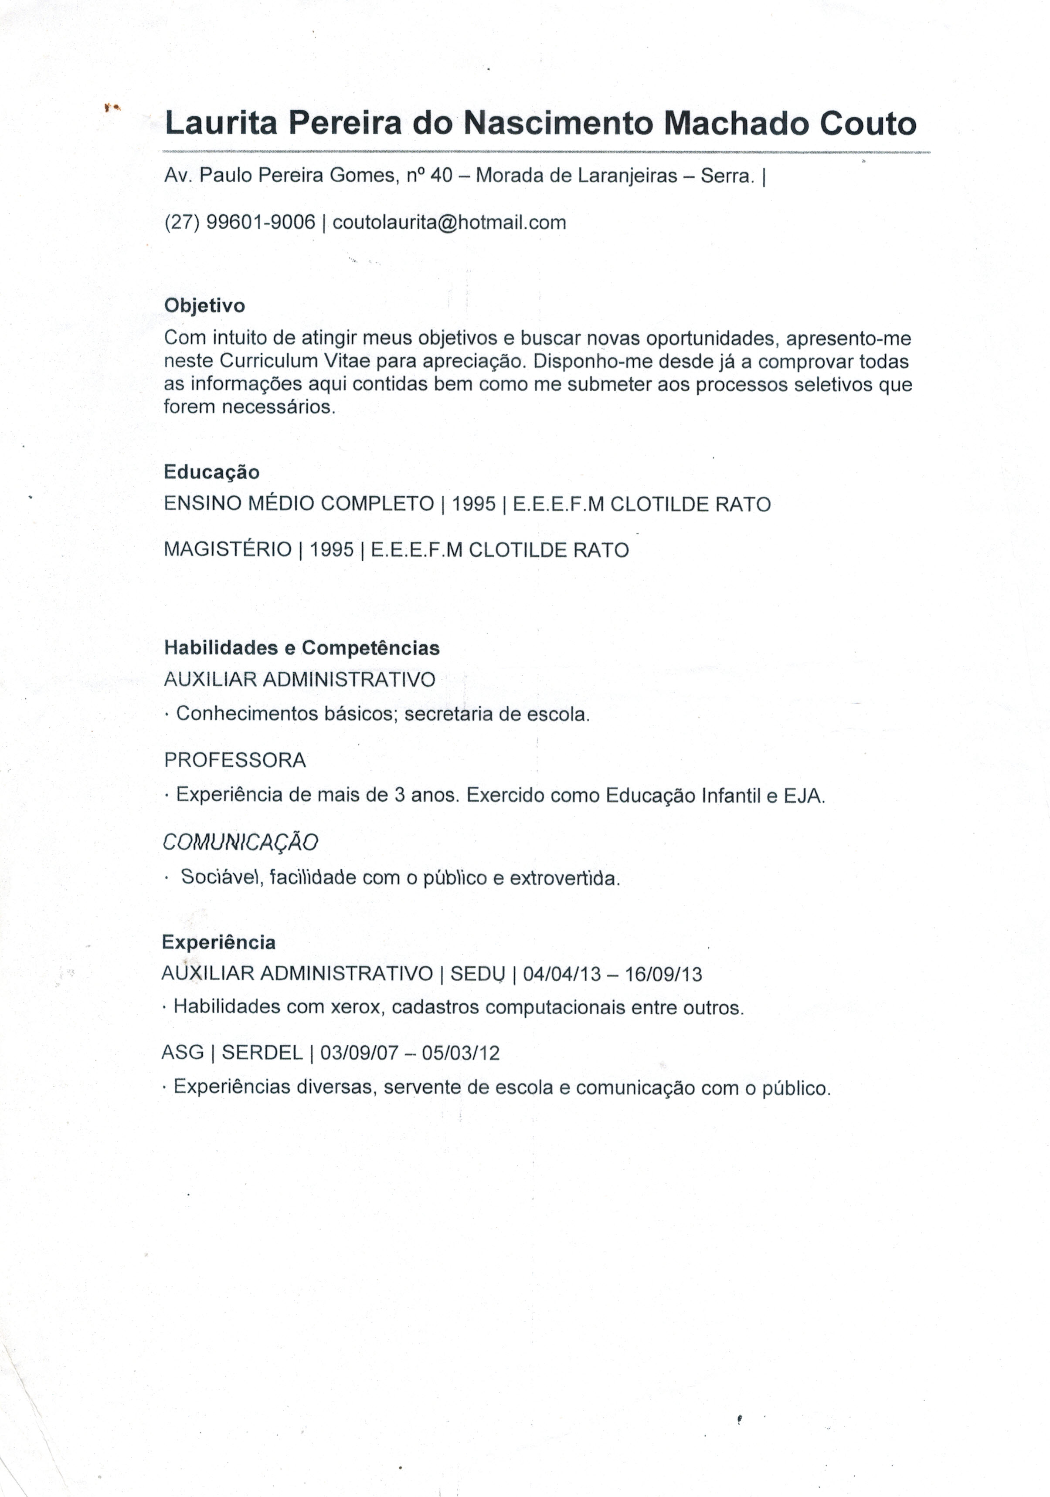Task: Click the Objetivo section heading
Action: coord(204,306)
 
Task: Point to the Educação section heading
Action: coord(211,472)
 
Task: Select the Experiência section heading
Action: coord(218,942)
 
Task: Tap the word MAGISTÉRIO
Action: coord(228,550)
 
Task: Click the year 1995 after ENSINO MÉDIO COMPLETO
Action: coord(473,504)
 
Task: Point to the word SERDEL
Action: coord(262,1053)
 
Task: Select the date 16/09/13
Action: coord(663,975)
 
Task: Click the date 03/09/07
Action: coord(359,1053)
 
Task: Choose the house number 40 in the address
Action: coord(442,176)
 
